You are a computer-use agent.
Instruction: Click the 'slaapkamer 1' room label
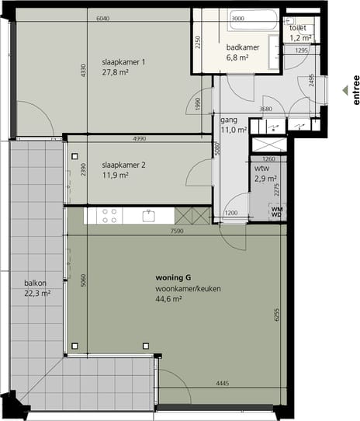click(x=123, y=62)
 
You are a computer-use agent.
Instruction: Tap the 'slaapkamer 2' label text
click(x=123, y=165)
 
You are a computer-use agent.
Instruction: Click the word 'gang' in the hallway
click(x=228, y=120)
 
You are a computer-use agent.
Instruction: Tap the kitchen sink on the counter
click(x=147, y=215)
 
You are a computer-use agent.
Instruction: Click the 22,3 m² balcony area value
click(x=36, y=294)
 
